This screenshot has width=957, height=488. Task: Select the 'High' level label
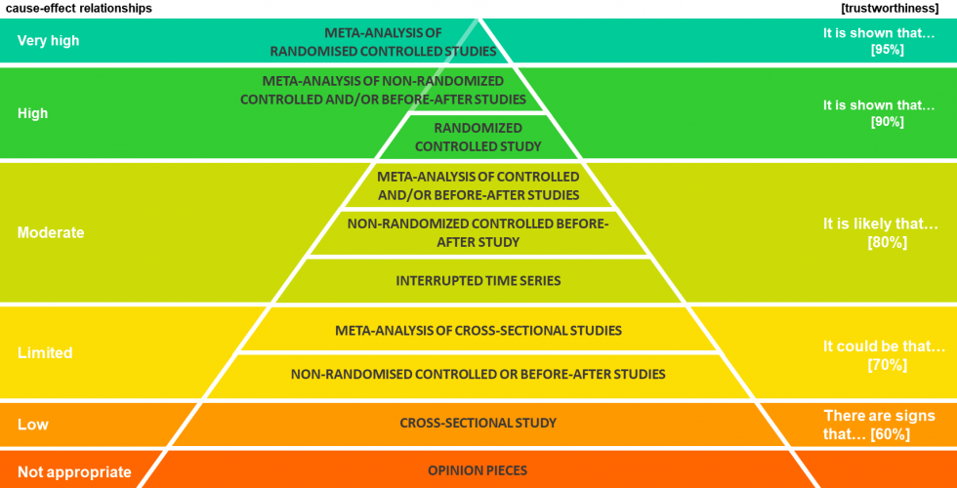(x=32, y=113)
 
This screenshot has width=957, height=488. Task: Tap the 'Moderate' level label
(x=51, y=233)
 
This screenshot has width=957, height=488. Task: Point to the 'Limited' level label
(x=45, y=352)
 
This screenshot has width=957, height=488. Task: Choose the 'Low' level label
(x=32, y=425)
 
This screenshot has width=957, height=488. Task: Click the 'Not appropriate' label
(x=74, y=472)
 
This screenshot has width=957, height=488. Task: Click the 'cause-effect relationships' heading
(x=78, y=8)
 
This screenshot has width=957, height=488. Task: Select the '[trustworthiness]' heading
(x=890, y=8)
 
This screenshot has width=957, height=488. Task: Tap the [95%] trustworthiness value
(x=887, y=49)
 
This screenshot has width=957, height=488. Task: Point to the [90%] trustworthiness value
(x=887, y=122)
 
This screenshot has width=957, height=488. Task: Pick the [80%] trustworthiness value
(x=887, y=242)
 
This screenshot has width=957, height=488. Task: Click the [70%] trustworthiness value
(x=887, y=364)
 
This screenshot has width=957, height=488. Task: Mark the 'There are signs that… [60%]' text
(x=879, y=425)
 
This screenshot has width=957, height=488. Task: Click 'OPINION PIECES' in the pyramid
(x=478, y=470)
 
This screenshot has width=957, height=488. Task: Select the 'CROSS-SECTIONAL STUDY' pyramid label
(x=478, y=423)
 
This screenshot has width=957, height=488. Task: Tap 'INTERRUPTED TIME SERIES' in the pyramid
(x=478, y=280)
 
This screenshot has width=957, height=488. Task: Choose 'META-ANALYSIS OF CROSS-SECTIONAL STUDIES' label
(x=478, y=330)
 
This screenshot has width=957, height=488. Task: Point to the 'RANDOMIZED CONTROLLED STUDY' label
(x=478, y=137)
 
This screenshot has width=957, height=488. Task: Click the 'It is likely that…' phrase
(x=880, y=224)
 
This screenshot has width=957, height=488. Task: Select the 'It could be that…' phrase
(x=884, y=346)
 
